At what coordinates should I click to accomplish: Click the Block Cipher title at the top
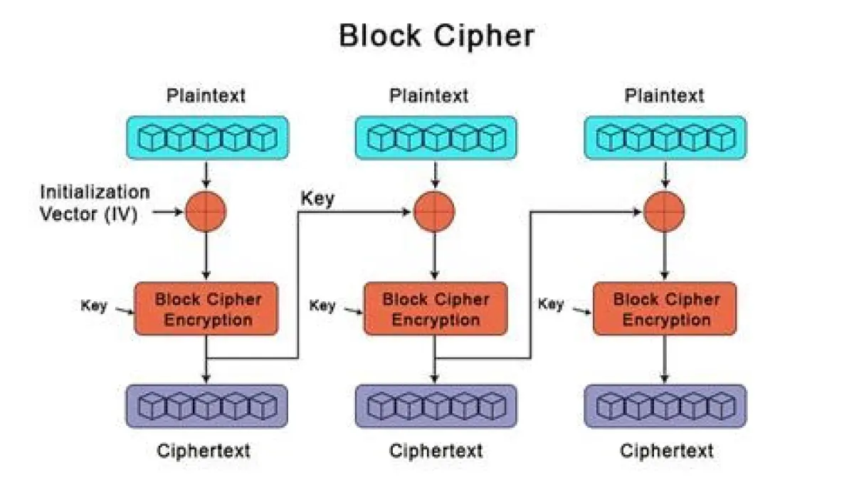point(436,36)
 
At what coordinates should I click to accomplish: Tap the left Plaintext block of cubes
point(206,137)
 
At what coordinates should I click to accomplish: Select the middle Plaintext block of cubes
point(436,137)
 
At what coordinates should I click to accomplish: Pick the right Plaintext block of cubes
point(665,137)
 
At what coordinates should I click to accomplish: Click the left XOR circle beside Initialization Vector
point(206,211)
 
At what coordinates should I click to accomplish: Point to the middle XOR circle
point(435,211)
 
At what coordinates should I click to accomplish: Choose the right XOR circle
point(664,211)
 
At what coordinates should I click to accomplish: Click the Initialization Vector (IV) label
point(95,202)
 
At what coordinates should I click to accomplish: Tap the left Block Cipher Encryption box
point(206,308)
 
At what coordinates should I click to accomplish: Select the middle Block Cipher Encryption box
point(436,308)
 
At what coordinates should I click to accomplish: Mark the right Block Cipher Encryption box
point(665,308)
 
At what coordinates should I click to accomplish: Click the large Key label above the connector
point(317,199)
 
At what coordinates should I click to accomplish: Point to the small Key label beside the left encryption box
point(93,306)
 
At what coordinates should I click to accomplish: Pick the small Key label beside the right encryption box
point(551,304)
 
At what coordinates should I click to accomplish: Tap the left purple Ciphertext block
point(206,406)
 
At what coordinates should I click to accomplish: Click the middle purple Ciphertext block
point(436,406)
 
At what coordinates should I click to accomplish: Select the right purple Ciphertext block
point(665,406)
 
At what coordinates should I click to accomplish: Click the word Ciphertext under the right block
point(666,451)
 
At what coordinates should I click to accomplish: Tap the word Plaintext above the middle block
point(429,95)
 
